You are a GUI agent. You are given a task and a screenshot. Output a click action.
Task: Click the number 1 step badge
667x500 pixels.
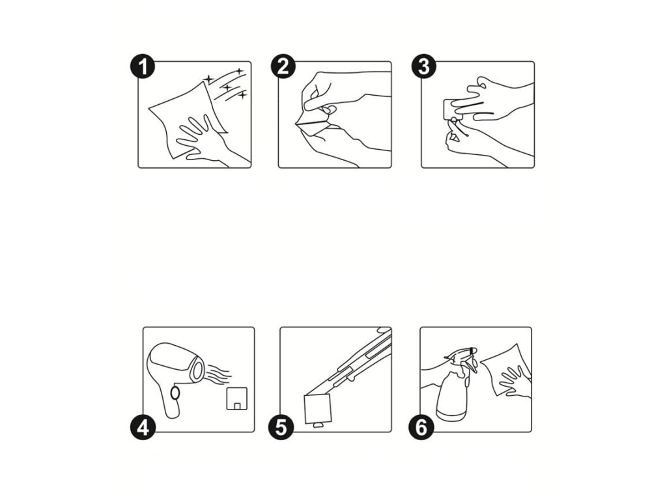pyautogui.click(x=143, y=67)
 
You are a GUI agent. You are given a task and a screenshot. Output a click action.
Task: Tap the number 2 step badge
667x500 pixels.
pyautogui.click(x=283, y=67)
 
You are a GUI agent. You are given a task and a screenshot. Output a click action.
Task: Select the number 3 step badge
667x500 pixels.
pyautogui.click(x=423, y=67)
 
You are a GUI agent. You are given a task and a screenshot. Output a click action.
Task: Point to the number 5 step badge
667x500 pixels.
pyautogui.click(x=281, y=427)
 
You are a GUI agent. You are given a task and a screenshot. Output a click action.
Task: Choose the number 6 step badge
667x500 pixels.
pyautogui.click(x=421, y=427)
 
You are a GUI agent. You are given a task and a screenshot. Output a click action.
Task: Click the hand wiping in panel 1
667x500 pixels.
pyautogui.click(x=204, y=141)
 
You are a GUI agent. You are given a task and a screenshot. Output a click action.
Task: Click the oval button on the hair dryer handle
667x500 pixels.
pyautogui.click(x=175, y=393)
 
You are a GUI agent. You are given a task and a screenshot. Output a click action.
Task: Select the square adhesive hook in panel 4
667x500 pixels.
pyautogui.click(x=237, y=399)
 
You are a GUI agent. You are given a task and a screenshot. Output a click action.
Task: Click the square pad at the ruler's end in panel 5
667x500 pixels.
pyautogui.click(x=317, y=409)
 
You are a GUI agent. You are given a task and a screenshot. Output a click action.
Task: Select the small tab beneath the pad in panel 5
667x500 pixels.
pyautogui.click(x=318, y=425)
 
